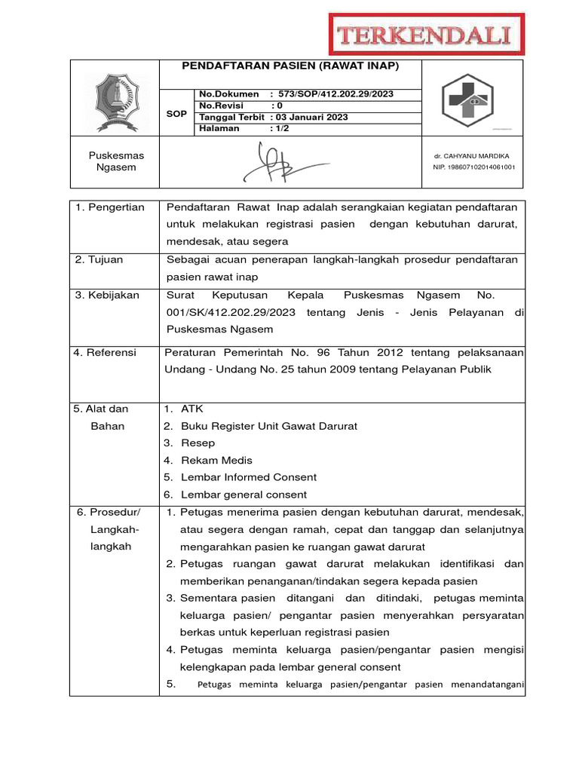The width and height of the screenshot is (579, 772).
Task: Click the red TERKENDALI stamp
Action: (427, 35)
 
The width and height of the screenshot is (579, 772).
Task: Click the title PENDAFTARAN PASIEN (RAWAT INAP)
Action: (290, 66)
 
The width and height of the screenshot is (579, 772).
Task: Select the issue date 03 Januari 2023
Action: (312, 117)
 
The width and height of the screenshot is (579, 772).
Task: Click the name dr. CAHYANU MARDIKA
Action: (472, 156)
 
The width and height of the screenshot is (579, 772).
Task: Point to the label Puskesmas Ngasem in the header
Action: (116, 161)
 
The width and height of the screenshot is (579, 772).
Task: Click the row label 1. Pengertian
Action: (110, 207)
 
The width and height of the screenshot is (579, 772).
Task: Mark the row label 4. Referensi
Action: (106, 351)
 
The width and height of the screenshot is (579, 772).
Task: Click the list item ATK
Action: (192, 409)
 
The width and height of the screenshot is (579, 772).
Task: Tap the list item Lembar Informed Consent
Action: (249, 477)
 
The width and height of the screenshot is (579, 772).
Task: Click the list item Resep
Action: (198, 443)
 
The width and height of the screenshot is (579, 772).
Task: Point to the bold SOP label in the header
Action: (176, 113)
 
